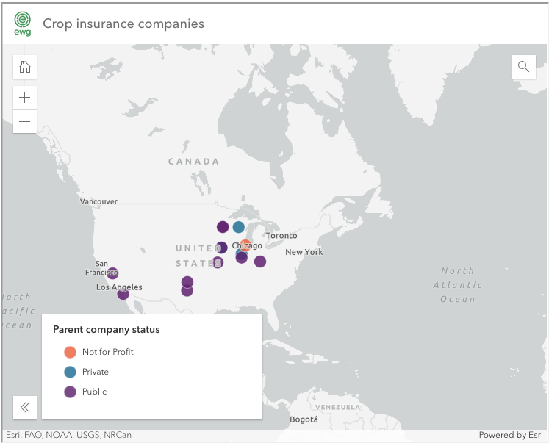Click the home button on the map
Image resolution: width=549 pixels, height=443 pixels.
[25, 68]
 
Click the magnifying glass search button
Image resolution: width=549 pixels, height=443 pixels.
[523, 67]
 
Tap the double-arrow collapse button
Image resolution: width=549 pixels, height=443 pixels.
[25, 407]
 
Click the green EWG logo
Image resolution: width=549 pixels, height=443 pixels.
[23, 24]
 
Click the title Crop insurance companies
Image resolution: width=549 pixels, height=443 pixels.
[123, 24]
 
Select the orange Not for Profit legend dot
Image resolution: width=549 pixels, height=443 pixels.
[71, 352]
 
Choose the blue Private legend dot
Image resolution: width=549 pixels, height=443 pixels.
[71, 372]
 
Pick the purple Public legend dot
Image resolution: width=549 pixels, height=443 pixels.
[71, 392]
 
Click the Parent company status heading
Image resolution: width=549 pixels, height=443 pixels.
[106, 329]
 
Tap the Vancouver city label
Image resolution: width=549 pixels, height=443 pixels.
[98, 201]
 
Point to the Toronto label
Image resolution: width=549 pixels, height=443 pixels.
[281, 236]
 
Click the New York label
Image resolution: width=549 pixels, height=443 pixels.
[304, 252]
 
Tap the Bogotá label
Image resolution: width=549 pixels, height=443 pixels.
[304, 419]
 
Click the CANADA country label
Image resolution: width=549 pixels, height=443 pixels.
[193, 162]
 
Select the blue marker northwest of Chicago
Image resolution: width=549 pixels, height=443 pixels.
[239, 227]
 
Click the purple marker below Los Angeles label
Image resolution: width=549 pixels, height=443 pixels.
[123, 295]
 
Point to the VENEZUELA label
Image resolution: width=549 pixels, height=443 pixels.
[337, 407]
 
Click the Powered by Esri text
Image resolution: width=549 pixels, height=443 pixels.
[510, 435]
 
